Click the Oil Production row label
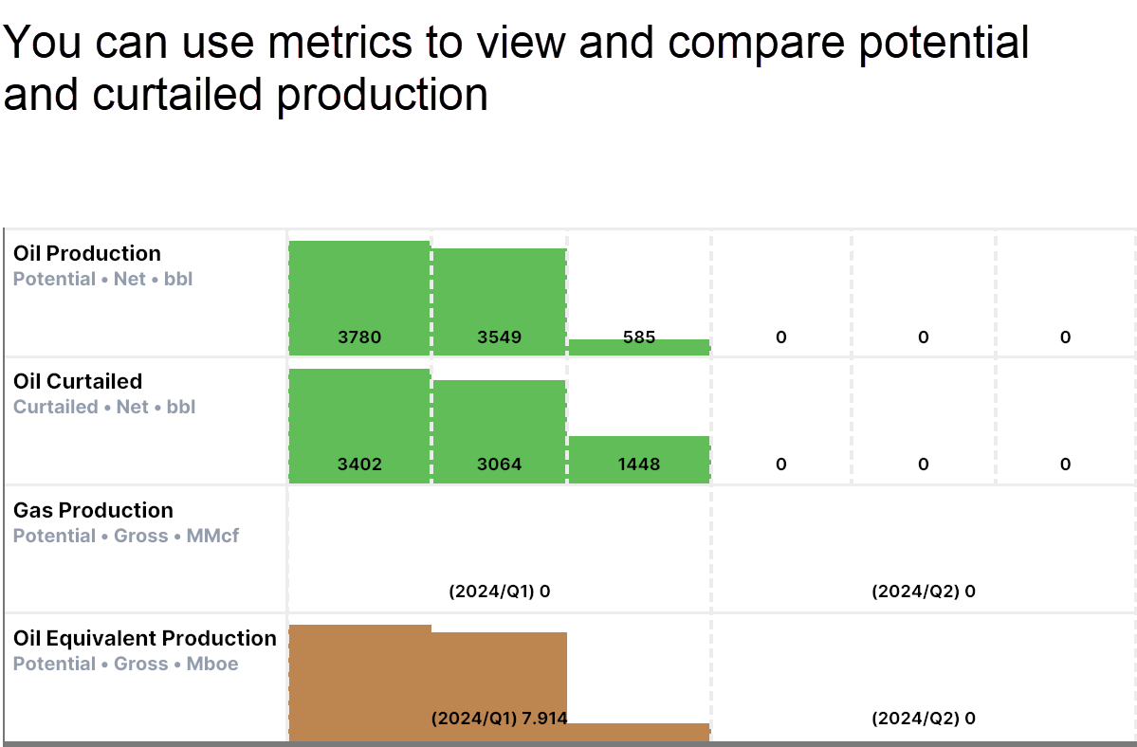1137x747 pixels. click(x=87, y=253)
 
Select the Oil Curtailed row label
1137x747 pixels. click(x=78, y=381)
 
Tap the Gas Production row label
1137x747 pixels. click(x=93, y=510)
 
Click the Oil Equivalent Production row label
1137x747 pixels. click(x=145, y=638)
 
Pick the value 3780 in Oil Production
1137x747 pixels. click(x=359, y=337)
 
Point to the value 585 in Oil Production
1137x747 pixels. click(x=639, y=337)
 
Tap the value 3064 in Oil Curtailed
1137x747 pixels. click(x=500, y=465)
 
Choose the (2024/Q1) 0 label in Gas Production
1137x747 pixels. click(x=500, y=592)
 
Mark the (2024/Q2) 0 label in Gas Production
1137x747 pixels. click(x=924, y=592)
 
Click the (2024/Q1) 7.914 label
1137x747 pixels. click(x=500, y=718)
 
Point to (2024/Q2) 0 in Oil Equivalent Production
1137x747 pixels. click(x=924, y=718)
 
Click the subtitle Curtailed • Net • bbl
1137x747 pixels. click(x=104, y=407)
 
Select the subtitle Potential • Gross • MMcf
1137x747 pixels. click(x=126, y=536)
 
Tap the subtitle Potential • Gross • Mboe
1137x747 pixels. click(x=126, y=664)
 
